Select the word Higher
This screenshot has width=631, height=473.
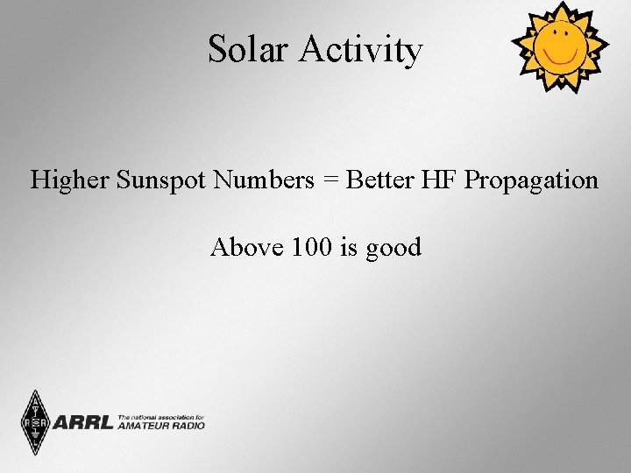tap(69, 180)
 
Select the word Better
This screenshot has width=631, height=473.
tap(380, 180)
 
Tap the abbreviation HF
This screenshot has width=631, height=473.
tap(439, 180)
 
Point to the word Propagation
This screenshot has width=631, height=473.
tap(531, 180)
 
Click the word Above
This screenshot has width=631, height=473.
tap(247, 247)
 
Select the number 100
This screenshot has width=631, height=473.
tap(312, 247)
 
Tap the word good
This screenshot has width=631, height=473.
tap(393, 249)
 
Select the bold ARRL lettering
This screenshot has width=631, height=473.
tap(83, 423)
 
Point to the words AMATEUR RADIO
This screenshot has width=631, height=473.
tap(160, 426)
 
